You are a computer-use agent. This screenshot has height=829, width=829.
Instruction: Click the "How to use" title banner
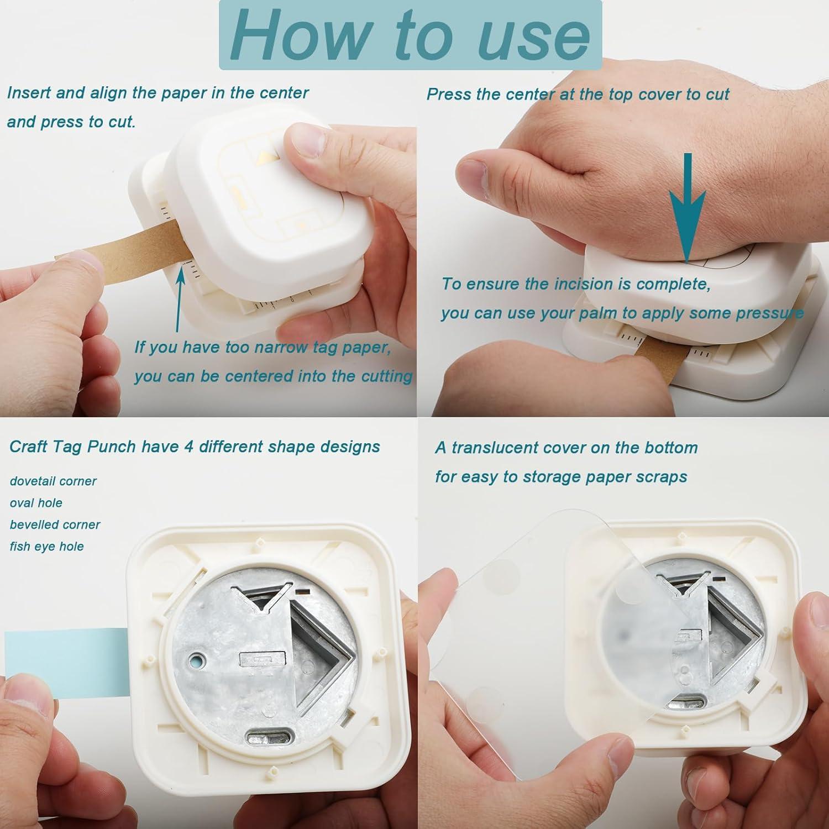410,34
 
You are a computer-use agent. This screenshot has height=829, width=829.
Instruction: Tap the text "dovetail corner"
53,481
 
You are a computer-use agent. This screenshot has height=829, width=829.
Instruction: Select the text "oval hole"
36,503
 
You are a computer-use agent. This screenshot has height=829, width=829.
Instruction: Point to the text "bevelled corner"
55,524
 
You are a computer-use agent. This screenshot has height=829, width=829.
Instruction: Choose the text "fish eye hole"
47,547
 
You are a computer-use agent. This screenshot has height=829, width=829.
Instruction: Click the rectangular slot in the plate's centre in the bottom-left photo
263,660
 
